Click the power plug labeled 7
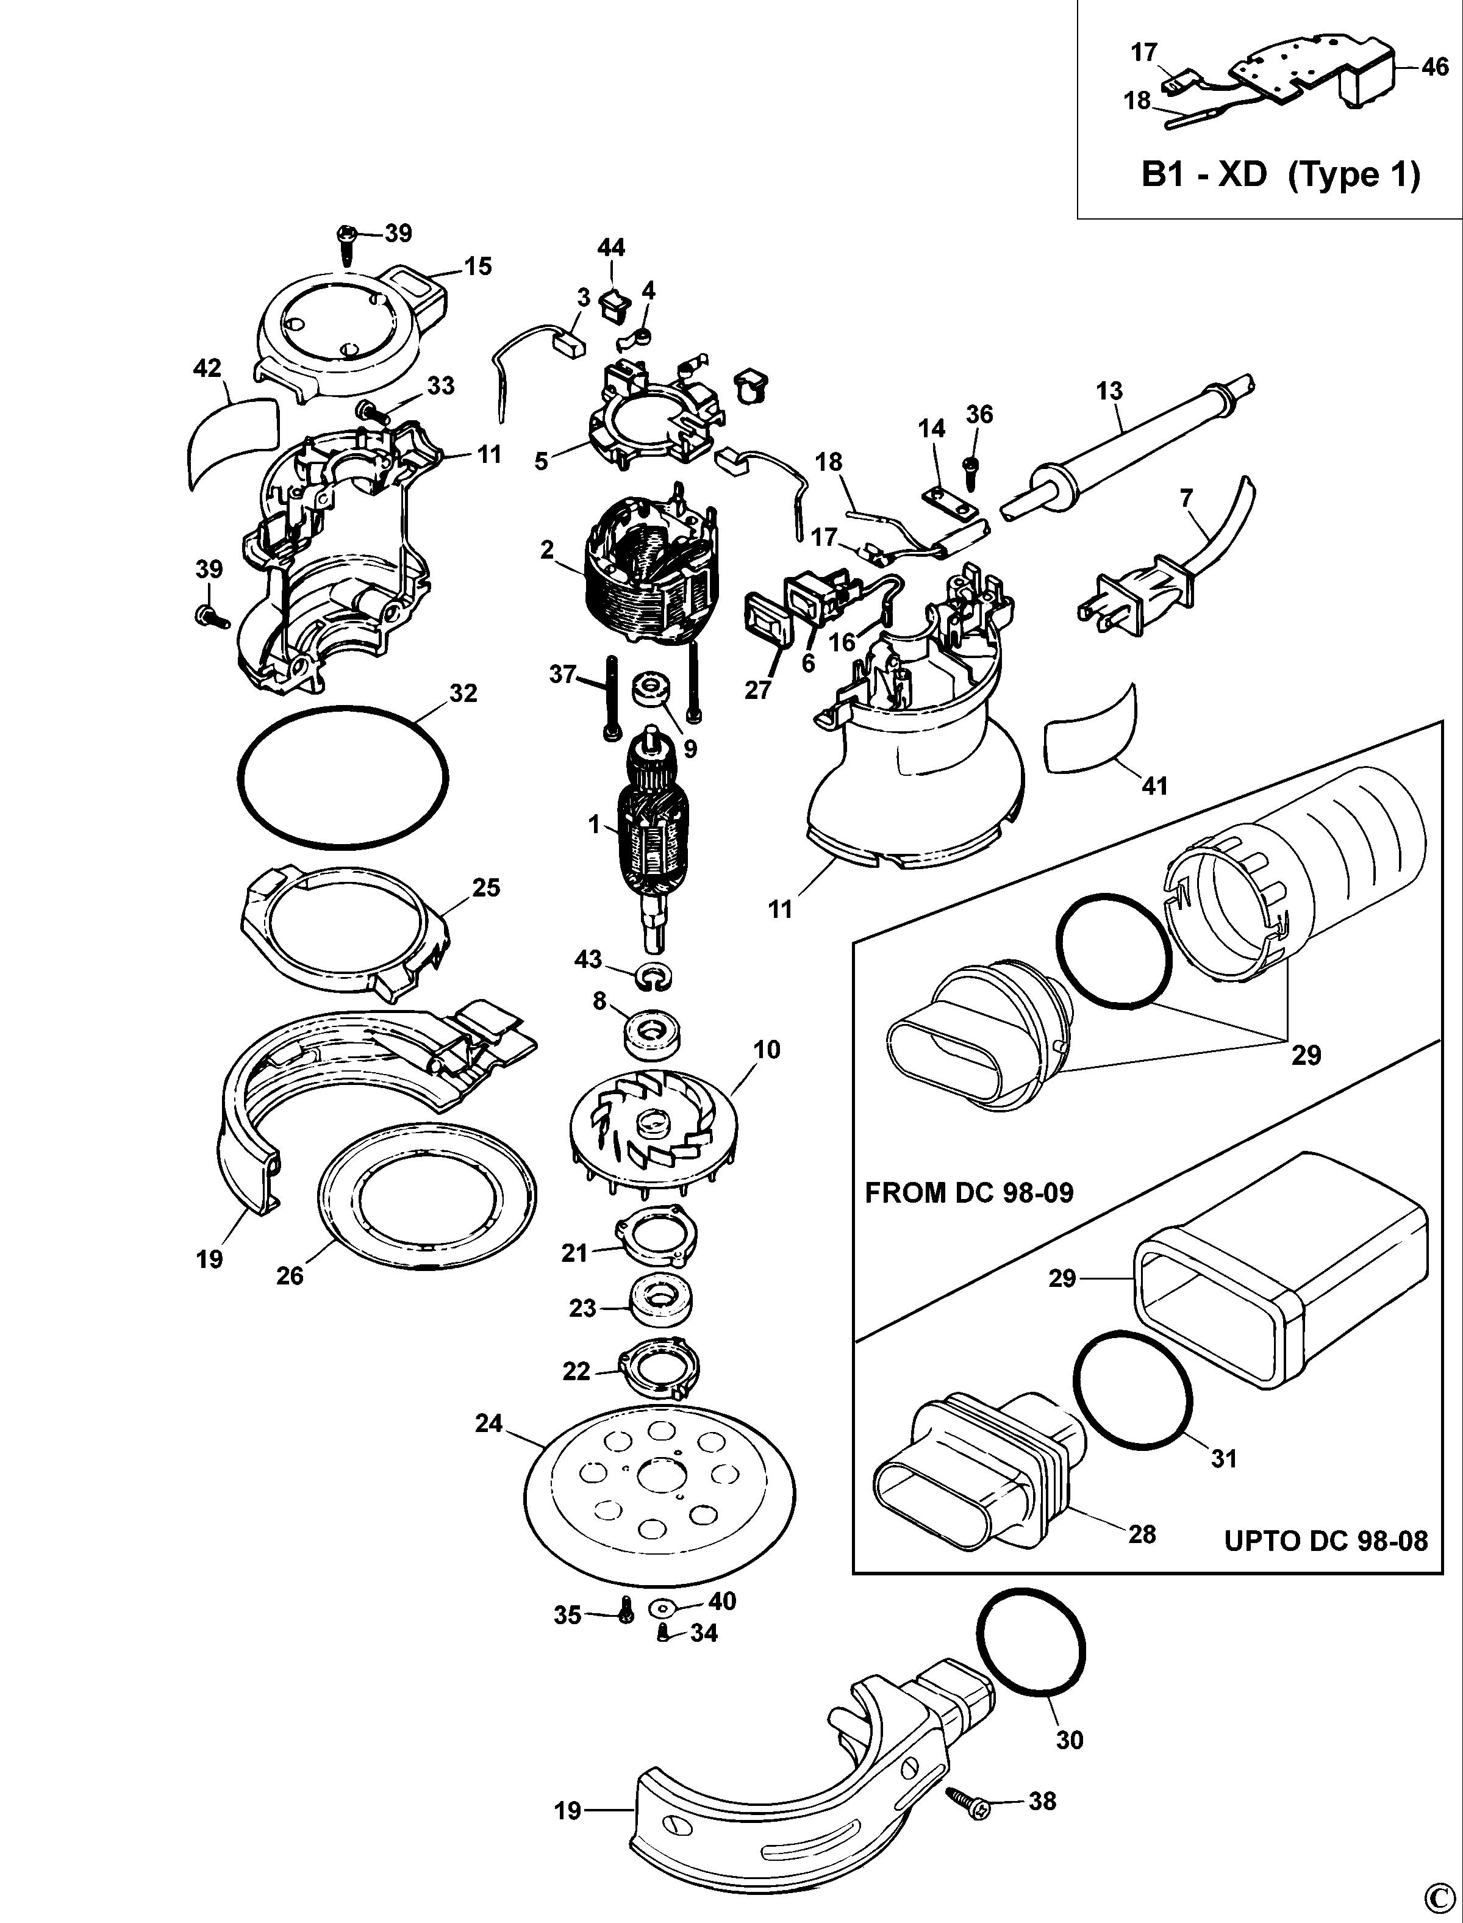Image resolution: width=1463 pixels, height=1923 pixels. (x=1132, y=595)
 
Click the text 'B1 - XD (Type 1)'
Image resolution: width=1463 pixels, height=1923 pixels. (x=1280, y=175)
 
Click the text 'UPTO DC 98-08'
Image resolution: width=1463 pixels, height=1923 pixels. (x=1325, y=1541)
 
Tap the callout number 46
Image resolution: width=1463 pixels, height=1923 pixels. (x=1434, y=67)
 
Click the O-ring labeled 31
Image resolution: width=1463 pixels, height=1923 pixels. (x=1132, y=1390)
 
